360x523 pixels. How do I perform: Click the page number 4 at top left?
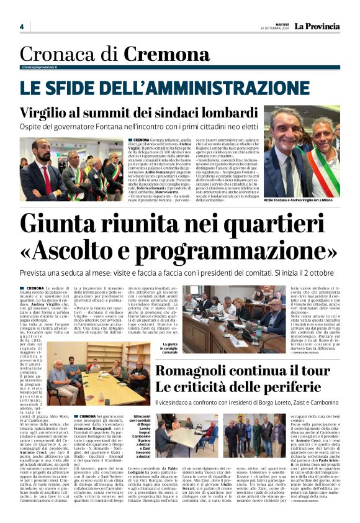pyautogui.click(x=21, y=27)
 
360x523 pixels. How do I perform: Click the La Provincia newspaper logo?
pyautogui.click(x=317, y=26)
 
